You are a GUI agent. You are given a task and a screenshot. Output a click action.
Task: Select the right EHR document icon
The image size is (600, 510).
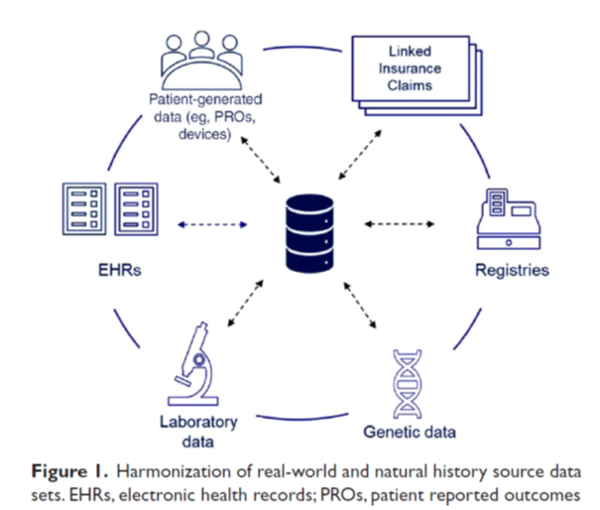tap(137, 208)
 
